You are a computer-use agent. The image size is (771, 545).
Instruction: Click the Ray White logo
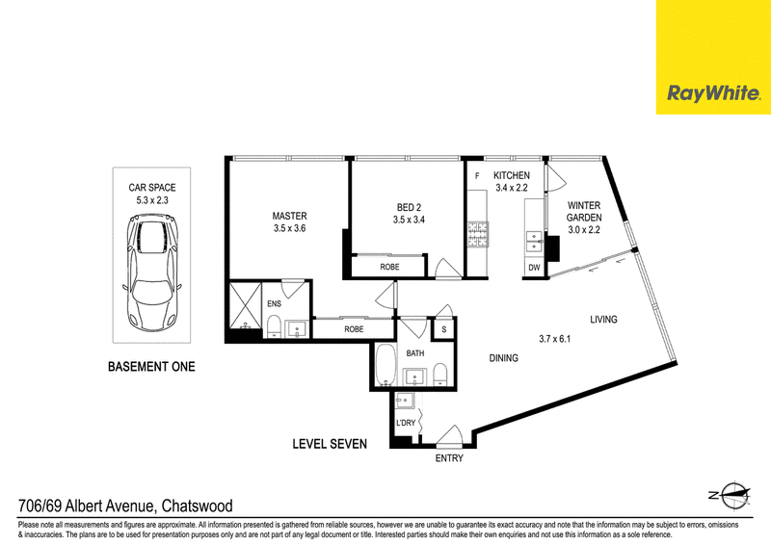(713, 92)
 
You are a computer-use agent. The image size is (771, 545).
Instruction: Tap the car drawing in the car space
(151, 272)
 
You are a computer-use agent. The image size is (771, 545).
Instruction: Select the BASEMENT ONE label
(151, 367)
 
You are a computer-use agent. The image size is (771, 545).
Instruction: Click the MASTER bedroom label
(290, 216)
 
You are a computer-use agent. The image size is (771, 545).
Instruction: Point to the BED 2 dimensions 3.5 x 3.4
(409, 220)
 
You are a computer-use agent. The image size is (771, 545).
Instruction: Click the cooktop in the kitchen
(477, 234)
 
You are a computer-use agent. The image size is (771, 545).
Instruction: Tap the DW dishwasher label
(534, 268)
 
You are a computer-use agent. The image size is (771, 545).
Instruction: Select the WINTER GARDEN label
(584, 211)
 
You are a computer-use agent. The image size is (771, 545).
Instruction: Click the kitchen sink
(534, 242)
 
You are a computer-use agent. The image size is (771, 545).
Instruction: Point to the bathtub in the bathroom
(386, 365)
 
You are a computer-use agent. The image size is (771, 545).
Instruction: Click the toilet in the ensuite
(274, 326)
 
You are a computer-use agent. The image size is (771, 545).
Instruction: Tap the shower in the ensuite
(246, 304)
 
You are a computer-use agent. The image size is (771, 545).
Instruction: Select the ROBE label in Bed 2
(389, 267)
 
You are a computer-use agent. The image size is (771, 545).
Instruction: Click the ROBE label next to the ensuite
(354, 329)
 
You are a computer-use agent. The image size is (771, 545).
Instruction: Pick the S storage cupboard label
(444, 329)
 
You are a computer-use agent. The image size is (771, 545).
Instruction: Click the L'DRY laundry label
(406, 423)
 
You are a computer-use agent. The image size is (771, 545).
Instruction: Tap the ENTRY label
(449, 458)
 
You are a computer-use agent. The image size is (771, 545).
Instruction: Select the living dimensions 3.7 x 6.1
(555, 339)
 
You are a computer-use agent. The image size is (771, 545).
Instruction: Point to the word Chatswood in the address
(198, 506)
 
